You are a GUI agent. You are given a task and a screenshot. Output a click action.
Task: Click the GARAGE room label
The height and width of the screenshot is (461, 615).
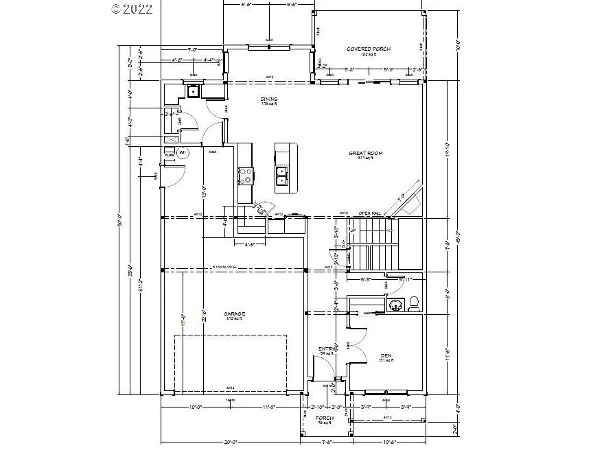coord(234,314)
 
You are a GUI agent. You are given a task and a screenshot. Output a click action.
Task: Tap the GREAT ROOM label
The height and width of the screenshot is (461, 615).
coord(365,154)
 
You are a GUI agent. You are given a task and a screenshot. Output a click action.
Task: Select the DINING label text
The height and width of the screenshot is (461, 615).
coord(268,99)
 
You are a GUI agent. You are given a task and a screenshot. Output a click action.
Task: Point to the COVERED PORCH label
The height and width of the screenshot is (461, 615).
coord(369,49)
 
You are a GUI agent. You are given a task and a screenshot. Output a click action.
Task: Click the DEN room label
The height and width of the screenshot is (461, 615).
coord(386,355)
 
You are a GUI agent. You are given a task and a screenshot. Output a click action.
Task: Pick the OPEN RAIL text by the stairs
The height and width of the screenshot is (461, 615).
coord(369,213)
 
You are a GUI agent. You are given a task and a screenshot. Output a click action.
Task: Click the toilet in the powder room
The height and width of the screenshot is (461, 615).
coord(413,304)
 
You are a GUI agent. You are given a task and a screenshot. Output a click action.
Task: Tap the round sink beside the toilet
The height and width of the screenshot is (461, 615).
coord(395,305)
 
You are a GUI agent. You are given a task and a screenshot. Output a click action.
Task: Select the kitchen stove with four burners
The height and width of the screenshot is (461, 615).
coord(245,176)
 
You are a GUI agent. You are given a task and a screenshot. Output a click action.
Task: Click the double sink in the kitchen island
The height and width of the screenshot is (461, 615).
coord(281,176)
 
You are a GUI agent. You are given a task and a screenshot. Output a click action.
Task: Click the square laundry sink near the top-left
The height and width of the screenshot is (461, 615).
coord(194,90)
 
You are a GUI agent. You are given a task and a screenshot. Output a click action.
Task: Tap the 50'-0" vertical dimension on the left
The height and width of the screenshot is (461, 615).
coord(120,223)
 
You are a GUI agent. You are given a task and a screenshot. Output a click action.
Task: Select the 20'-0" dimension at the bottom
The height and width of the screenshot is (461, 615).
coord(229,442)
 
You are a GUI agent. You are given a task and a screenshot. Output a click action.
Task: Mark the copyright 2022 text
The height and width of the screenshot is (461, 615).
coord(132,10)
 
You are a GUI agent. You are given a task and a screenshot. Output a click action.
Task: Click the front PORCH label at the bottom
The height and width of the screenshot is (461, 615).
coord(324,418)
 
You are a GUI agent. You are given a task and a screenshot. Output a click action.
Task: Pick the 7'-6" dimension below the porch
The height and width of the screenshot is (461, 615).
coord(326,442)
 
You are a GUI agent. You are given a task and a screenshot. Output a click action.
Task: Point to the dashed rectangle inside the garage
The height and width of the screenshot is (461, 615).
coord(230,364)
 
